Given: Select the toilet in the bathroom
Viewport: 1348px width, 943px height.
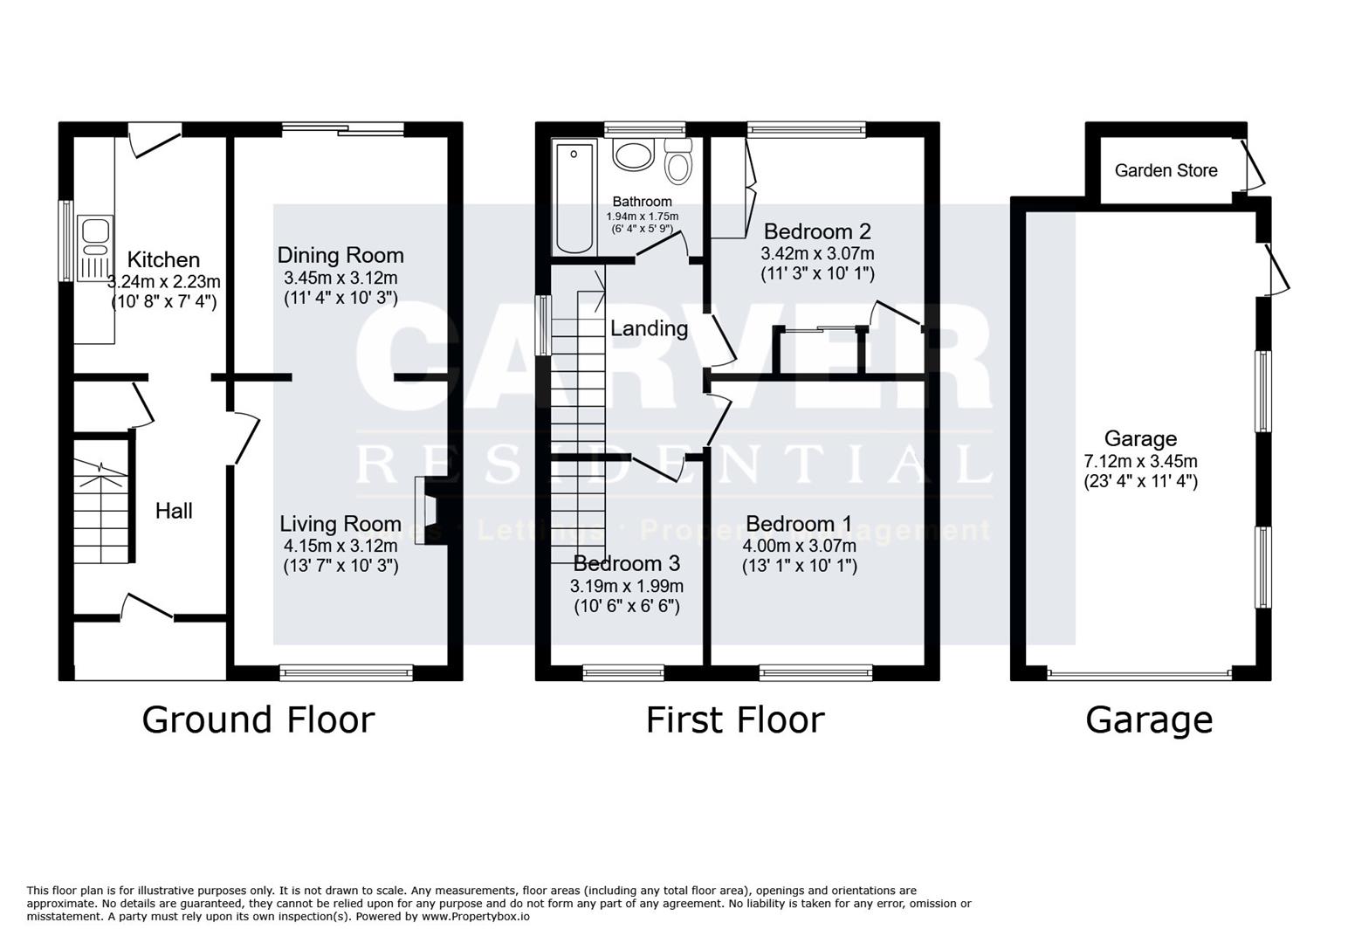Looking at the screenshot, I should coord(677,162).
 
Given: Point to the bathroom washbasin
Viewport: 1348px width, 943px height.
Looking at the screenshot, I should coord(632,155).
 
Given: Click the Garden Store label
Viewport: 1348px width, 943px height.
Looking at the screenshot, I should coord(1166,170).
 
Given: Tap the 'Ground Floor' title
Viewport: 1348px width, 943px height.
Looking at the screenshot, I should coord(258,720).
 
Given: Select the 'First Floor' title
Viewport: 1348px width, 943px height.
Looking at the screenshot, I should coord(734,720).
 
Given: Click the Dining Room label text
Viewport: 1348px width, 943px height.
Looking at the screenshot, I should coord(340,256).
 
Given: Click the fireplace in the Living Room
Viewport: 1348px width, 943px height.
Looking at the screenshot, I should coord(426,511).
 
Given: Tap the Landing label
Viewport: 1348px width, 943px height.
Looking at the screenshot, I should coord(649,328).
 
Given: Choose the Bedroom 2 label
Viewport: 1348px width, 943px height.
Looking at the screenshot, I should coord(817,231).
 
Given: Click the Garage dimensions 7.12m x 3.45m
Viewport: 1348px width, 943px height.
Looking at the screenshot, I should coord(1140,461).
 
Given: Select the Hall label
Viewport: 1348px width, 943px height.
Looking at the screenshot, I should coord(174,511).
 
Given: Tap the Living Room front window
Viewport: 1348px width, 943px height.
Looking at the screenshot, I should coord(346,671).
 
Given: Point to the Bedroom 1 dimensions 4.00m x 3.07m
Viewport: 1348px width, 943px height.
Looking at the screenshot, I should coord(799,546).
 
